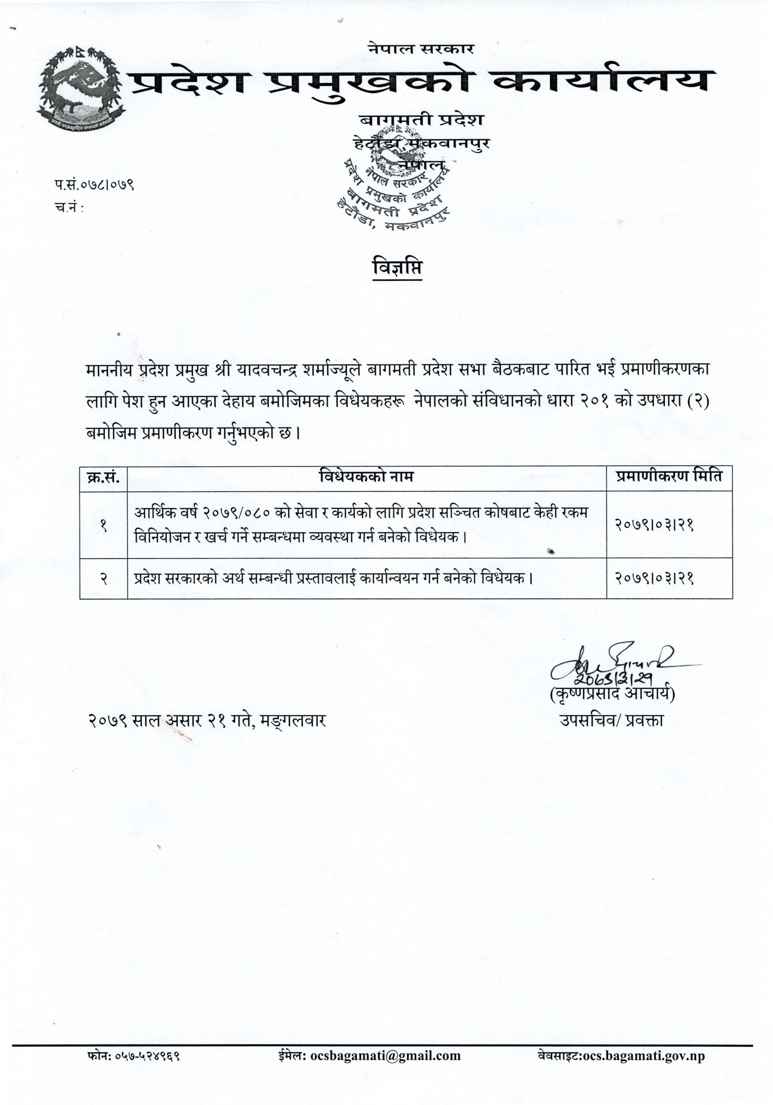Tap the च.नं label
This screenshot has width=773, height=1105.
pos(68,208)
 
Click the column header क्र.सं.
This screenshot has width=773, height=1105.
pos(104,477)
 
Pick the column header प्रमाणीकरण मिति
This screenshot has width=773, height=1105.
pos(669,477)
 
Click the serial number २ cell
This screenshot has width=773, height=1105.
pos(104,579)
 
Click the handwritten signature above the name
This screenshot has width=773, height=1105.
pos(615,663)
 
